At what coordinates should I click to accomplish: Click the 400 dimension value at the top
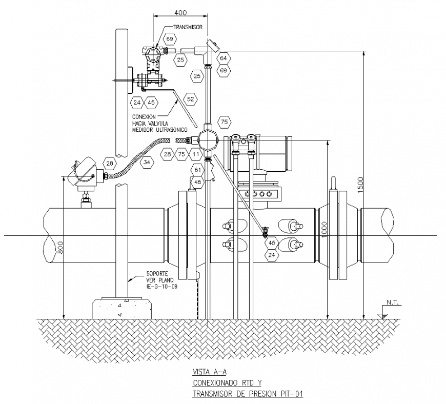pyautogui.click(x=180, y=13)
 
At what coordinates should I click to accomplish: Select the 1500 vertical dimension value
pyautogui.click(x=360, y=185)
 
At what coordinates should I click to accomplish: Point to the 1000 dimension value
pyautogui.click(x=325, y=229)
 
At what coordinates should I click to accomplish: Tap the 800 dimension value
pyautogui.click(x=60, y=247)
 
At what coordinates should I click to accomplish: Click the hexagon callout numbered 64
pyautogui.click(x=224, y=58)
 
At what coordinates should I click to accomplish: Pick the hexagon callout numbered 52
pyautogui.click(x=191, y=99)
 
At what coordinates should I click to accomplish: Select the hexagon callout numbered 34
pyautogui.click(x=147, y=163)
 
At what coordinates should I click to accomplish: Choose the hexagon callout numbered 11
pyautogui.click(x=196, y=154)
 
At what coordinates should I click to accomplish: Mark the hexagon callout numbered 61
pyautogui.click(x=198, y=170)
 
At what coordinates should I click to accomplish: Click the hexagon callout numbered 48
pyautogui.click(x=198, y=183)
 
